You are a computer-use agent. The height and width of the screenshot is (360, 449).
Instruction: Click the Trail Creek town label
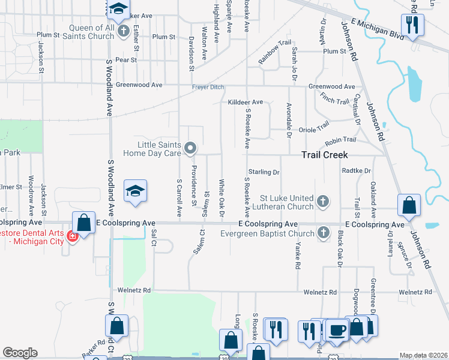324,155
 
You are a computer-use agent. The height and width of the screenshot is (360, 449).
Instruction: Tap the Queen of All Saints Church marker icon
123,31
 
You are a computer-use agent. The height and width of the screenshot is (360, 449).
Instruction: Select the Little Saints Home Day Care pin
190,148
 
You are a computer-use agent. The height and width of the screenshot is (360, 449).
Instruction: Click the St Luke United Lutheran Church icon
323,202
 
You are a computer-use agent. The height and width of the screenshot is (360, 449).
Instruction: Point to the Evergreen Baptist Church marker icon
323,232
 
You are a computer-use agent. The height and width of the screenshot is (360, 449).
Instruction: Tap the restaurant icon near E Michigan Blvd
412,25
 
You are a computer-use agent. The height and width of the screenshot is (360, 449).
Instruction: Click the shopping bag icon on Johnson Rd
409,205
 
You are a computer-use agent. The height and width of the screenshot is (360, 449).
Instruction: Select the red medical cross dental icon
73,236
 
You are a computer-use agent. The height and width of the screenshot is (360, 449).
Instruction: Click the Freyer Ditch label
208,88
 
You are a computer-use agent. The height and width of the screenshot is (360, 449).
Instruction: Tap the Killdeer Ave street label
246,103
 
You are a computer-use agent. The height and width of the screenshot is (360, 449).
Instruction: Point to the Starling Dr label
264,172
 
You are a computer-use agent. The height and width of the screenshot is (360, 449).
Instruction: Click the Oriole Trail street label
315,127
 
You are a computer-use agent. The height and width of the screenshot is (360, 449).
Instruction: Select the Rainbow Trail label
274,52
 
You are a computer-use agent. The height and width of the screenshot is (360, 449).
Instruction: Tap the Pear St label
126,60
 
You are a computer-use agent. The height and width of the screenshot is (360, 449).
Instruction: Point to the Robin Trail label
340,142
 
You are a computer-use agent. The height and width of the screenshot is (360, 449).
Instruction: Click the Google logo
20,353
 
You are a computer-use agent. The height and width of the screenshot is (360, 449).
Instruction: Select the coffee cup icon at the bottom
336,329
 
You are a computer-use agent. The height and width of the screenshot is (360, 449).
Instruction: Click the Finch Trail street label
334,98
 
